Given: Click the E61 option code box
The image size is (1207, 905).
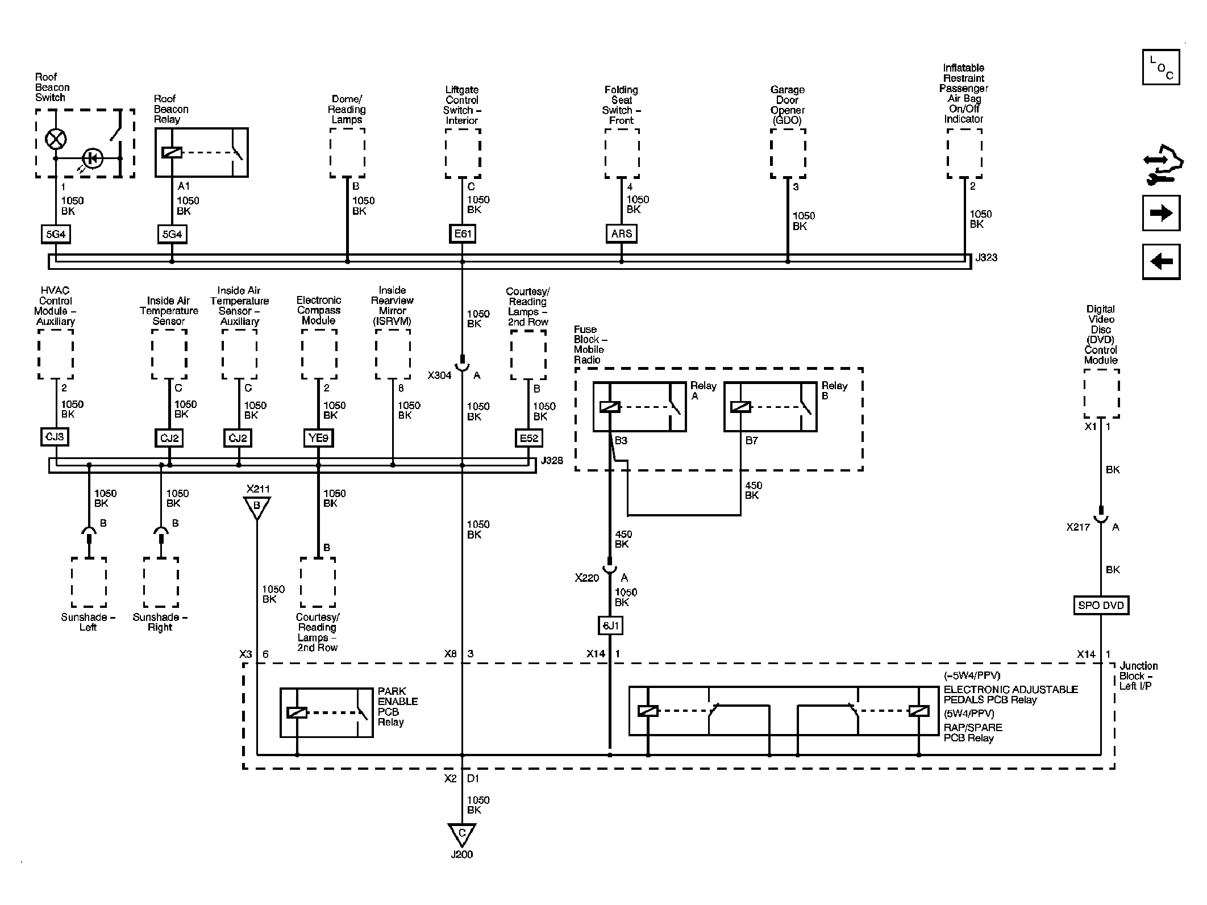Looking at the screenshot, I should (462, 233).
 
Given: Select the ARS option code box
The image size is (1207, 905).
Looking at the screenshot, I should (621, 233).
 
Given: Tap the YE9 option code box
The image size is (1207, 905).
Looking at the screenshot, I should (318, 437).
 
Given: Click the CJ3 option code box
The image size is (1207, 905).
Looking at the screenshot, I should (55, 437).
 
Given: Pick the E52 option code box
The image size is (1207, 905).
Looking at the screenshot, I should (528, 437).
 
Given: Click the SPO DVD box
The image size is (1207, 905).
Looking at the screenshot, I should (1101, 605).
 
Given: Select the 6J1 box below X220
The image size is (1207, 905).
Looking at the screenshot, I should (610, 625).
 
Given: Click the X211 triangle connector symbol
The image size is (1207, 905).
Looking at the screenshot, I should (257, 506).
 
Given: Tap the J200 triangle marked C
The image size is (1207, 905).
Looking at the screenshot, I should (461, 834).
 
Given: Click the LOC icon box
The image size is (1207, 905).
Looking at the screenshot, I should (1160, 67).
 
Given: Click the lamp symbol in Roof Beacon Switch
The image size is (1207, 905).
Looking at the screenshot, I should (56, 138).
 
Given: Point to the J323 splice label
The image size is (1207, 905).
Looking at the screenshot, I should (986, 257).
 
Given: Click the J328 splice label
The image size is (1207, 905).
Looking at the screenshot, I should (551, 461).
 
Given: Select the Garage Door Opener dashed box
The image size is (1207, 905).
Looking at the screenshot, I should (788, 153).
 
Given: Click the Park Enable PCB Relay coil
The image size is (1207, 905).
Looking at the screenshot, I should (297, 712).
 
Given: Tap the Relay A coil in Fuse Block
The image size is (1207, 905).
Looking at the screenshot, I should (610, 407).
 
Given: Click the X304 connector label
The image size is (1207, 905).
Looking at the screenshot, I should (439, 376).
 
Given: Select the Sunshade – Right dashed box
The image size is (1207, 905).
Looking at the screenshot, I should (161, 582).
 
